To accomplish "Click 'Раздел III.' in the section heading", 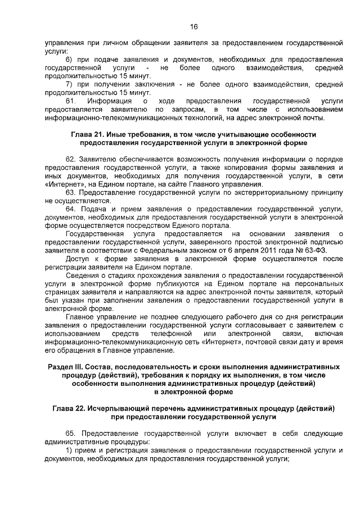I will coord(68,367).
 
